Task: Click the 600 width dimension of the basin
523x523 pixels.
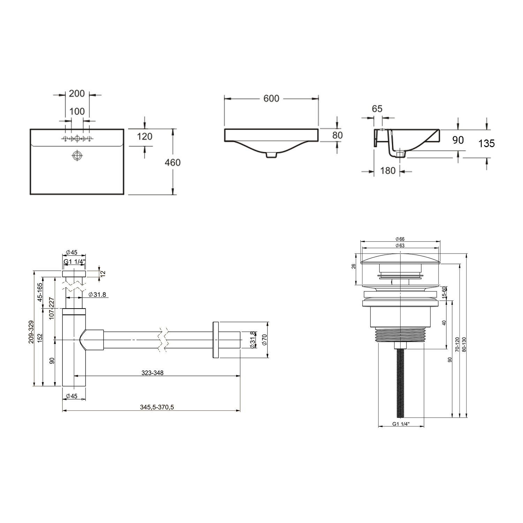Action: tap(271, 99)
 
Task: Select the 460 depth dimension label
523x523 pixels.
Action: tap(173, 162)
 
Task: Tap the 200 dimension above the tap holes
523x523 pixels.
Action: tap(77, 93)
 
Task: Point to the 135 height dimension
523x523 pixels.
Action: tap(487, 143)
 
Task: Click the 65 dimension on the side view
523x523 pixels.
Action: tap(377, 109)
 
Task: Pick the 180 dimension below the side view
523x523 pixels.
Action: tap(388, 170)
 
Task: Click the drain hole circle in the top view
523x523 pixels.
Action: tap(77, 155)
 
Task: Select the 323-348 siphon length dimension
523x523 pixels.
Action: tap(152, 373)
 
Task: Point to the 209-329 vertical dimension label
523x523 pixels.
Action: tap(31, 332)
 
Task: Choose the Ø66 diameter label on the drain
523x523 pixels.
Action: tap(400, 239)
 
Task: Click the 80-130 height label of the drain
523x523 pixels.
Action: tap(463, 345)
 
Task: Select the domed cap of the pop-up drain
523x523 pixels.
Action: tap(400, 259)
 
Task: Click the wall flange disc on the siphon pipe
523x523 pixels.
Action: tap(215, 340)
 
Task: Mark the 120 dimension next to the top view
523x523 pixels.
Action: tap(145, 136)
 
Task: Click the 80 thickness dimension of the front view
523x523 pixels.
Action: tap(338, 135)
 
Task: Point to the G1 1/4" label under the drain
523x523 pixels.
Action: tap(401, 424)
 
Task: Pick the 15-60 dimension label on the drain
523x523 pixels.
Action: tap(444, 292)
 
